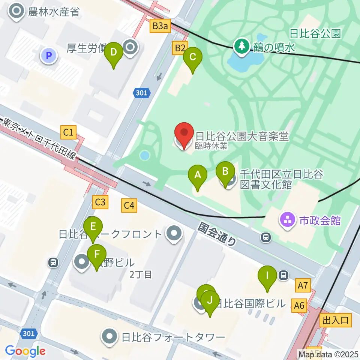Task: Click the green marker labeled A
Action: point(198,175)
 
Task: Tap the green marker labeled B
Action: point(225,172)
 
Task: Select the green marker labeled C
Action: point(193,57)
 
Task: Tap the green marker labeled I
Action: point(267,276)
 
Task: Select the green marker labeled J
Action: point(210,301)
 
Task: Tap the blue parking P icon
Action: point(48,56)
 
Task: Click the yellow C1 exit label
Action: point(69,132)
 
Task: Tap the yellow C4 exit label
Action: point(129,205)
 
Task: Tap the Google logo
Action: point(25,351)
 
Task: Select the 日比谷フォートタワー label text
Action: point(173,337)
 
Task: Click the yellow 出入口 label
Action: point(336,320)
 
